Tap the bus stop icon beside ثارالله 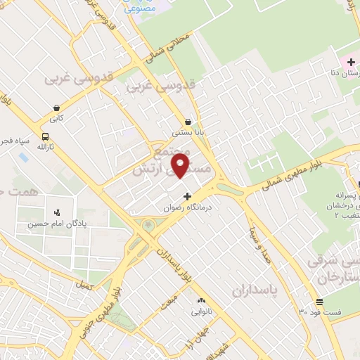[46, 137]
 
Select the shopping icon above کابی [56, 108]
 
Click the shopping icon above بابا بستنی [189, 121]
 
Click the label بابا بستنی [189, 132]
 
